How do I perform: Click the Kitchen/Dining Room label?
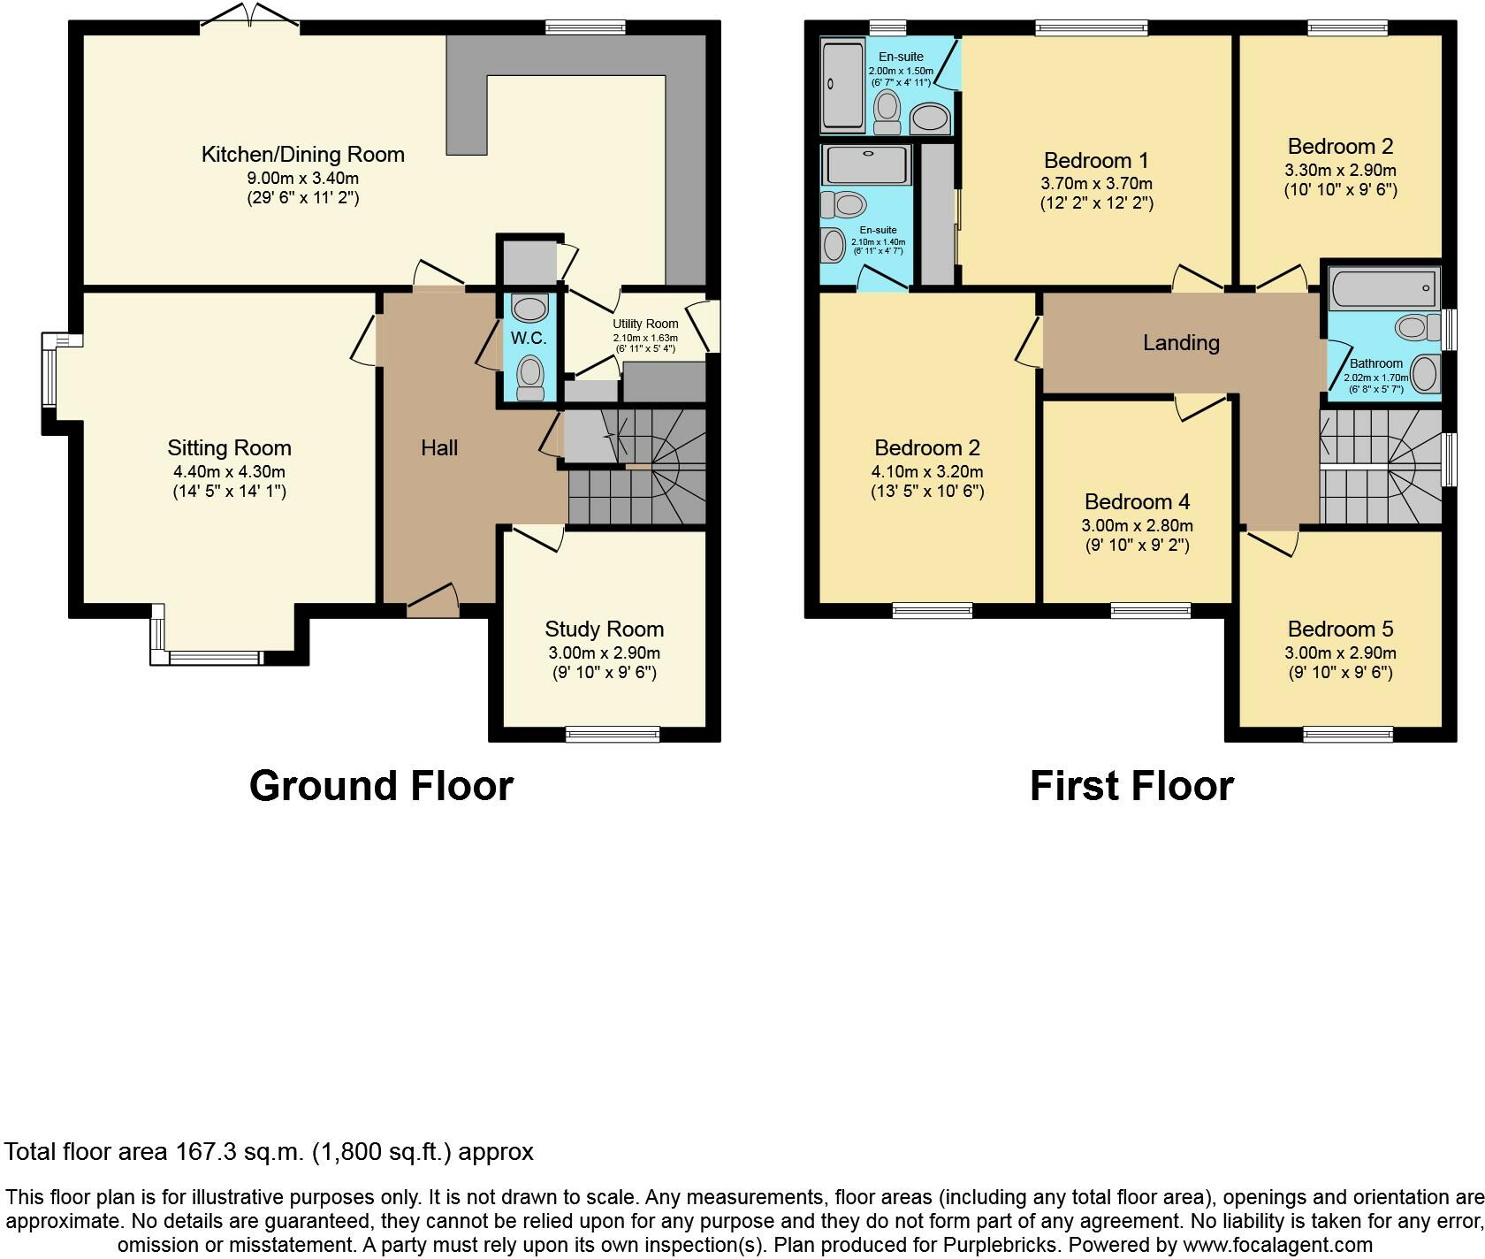point(303,155)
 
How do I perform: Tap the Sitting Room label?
point(229,448)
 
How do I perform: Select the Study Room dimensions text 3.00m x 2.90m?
point(604,653)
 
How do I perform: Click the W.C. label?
point(529,338)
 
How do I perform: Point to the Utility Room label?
point(645,324)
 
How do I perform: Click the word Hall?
point(439,448)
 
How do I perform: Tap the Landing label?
point(1181,343)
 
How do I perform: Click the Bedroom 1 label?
point(1096,161)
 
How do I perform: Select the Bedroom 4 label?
point(1137,502)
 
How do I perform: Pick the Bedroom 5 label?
point(1340,629)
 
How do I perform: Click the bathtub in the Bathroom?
point(1383,287)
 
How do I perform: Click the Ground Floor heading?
point(381,786)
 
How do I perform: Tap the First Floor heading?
point(1131,786)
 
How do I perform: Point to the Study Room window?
point(613,733)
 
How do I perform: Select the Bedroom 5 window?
point(1348,733)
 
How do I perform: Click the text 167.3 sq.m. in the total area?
point(233,1152)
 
